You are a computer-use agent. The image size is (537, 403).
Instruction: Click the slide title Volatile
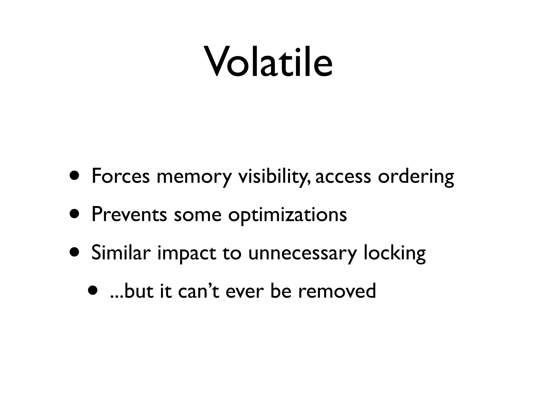pyautogui.click(x=268, y=62)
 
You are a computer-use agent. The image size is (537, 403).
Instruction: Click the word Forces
pyautogui.click(x=120, y=176)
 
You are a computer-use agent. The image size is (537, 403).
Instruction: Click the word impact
pyautogui.click(x=187, y=253)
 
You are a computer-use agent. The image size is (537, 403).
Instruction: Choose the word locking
pyautogui.click(x=395, y=253)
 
